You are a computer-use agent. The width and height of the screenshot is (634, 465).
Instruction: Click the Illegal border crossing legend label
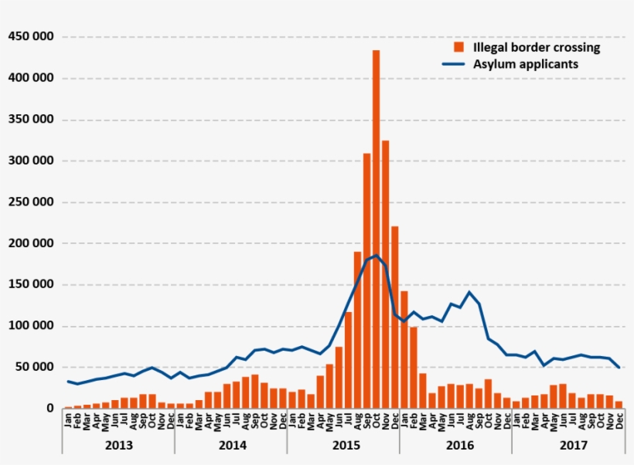[x=537, y=47]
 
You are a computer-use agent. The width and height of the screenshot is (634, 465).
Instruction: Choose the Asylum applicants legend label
[x=525, y=64]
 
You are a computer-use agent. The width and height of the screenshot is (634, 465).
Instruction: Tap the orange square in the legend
[x=459, y=47]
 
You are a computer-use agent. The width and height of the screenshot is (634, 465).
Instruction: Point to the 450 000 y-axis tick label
[x=31, y=36]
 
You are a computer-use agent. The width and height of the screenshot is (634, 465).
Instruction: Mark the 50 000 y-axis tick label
[x=34, y=367]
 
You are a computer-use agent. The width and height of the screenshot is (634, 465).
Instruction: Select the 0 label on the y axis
[x=50, y=408]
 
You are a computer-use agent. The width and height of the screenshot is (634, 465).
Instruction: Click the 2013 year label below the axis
[x=118, y=446]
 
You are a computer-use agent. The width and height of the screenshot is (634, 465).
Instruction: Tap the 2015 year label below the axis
[x=343, y=446]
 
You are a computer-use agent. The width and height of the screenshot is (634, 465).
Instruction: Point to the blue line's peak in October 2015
[x=376, y=255]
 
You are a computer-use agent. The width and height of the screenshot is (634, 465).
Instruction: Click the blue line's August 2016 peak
[x=469, y=292]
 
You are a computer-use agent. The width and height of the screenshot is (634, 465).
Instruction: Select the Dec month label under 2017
[x=619, y=422]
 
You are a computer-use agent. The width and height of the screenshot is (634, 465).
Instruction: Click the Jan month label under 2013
[x=68, y=422]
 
